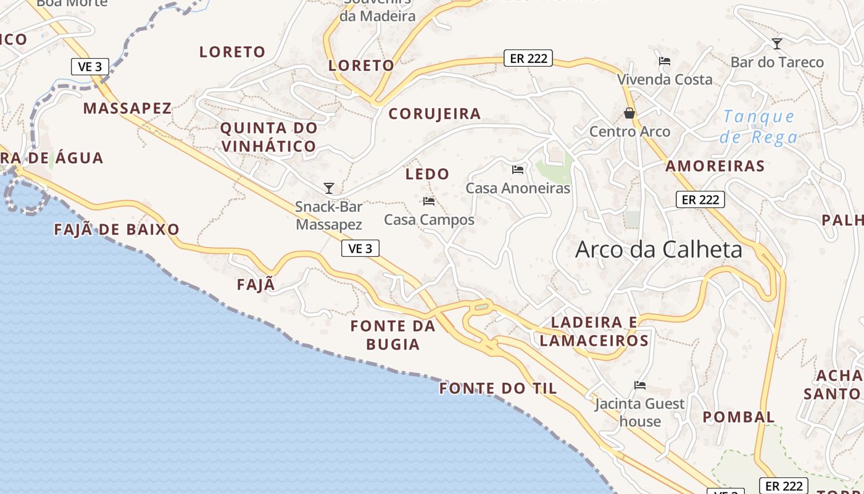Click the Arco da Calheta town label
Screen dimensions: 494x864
[658, 249]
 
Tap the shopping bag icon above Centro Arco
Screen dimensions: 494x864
[629, 113]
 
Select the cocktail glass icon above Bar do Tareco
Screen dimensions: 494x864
[777, 43]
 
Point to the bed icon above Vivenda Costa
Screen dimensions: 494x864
[665, 61]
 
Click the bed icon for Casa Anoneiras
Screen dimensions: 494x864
[518, 169]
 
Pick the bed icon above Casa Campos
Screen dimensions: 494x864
[429, 201]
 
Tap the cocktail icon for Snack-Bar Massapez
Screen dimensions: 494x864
[329, 188]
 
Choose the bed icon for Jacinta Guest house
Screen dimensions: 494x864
[640, 385]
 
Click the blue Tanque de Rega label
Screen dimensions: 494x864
[759, 126]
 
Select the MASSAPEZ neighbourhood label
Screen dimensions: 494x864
[127, 109]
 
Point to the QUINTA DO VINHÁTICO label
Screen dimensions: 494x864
[269, 137]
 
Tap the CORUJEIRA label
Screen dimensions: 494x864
[434, 114]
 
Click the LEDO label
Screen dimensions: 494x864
[427, 174]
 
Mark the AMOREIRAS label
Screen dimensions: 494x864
[715, 166]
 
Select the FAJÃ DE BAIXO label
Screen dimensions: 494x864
[117, 230]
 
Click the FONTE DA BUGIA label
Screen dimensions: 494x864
[393, 335]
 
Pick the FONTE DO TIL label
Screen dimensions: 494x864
[498, 388]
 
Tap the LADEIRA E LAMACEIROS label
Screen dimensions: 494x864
[594, 332]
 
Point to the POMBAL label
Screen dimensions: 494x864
[739, 417]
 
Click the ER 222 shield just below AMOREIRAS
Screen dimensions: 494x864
[700, 199]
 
